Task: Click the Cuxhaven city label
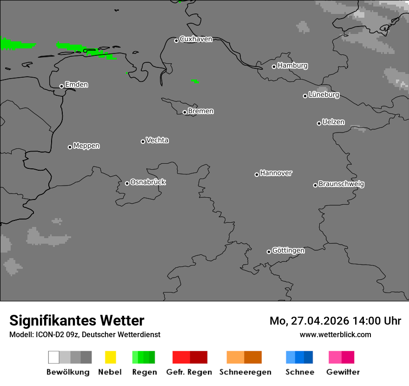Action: point(196,39)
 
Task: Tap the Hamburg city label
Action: point(292,66)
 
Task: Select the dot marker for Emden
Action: point(61,86)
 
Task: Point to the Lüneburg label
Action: point(324,94)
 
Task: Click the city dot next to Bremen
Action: point(185,112)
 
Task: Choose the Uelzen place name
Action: point(333,122)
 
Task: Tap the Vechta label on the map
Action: point(157,140)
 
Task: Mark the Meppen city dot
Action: point(70,147)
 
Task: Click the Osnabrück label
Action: point(148,182)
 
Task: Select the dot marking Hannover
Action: point(257,174)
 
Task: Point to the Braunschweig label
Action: point(341,184)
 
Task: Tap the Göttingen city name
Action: point(288,250)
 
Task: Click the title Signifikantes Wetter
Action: point(77,320)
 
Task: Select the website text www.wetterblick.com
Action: point(335,334)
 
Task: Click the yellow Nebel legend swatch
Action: point(110,357)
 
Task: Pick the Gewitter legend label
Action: point(343,372)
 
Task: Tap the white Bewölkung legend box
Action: point(53,357)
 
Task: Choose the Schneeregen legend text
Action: point(245,372)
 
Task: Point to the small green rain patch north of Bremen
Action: point(195,81)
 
